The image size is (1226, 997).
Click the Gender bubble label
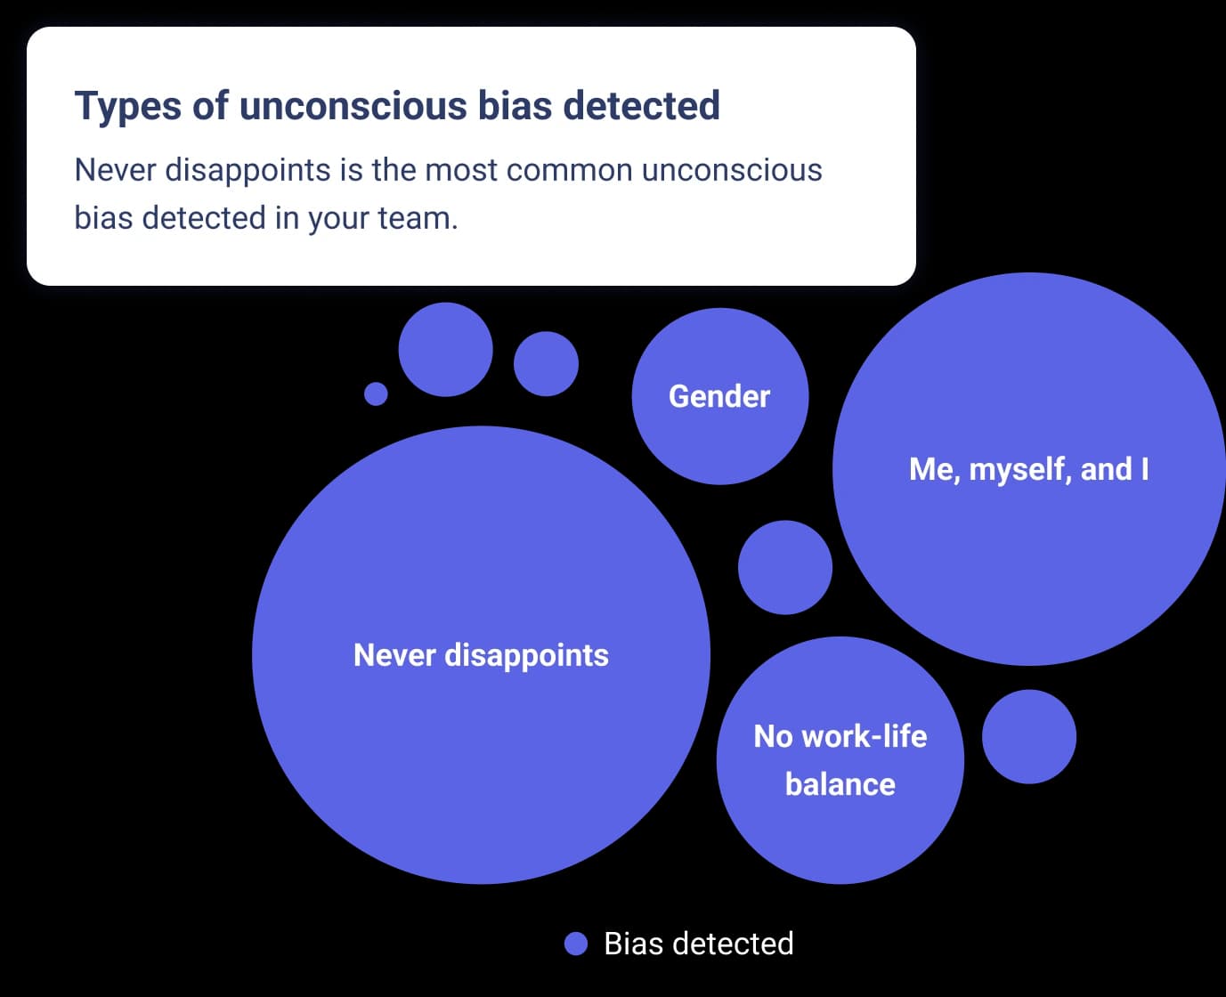[719, 396]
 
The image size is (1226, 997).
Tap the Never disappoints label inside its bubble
[481, 655]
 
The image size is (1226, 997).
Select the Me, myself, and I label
[1028, 469]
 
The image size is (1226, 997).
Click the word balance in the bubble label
[840, 784]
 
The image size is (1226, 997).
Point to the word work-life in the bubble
[864, 736]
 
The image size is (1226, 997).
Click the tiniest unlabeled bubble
[376, 393]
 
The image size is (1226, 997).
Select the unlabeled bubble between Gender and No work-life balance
[784, 568]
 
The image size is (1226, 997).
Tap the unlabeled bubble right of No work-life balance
[1028, 737]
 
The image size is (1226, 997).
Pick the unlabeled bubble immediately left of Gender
[546, 364]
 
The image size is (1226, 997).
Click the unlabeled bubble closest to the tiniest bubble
[445, 350]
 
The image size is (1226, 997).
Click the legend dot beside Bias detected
[576, 944]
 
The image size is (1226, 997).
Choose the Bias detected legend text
[698, 944]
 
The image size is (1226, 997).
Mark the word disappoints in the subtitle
[248, 169]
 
